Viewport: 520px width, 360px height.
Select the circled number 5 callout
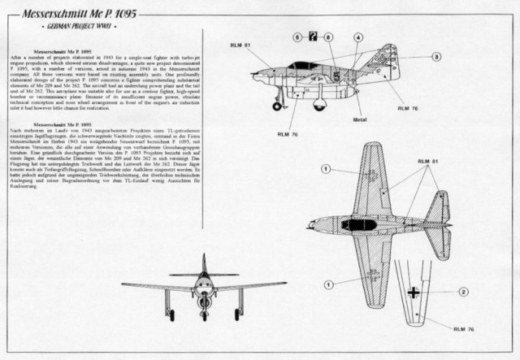299,36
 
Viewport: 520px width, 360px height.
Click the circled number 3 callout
436,57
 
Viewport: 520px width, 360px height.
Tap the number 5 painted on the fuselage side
334,72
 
